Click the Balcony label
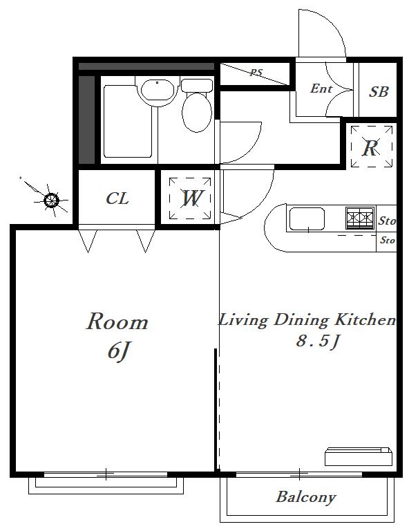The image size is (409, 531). click(306, 497)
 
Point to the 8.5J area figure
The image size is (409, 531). click(317, 341)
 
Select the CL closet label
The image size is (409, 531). click(117, 198)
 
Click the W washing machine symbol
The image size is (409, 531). click(190, 198)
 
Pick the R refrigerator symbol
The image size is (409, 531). click(372, 147)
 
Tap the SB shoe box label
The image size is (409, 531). click(379, 92)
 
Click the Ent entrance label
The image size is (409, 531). click(321, 88)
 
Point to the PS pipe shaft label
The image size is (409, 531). click(256, 73)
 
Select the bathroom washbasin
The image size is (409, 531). click(158, 89)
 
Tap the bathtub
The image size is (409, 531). click(128, 121)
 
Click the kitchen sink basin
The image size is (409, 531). click(307, 219)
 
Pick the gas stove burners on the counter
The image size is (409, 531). click(360, 218)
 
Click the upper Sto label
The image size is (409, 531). click(387, 221)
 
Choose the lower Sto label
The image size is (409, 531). click(388, 240)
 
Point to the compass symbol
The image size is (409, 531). click(51, 200)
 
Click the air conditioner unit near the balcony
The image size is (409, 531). click(359, 457)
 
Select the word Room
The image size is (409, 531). click(117, 322)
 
